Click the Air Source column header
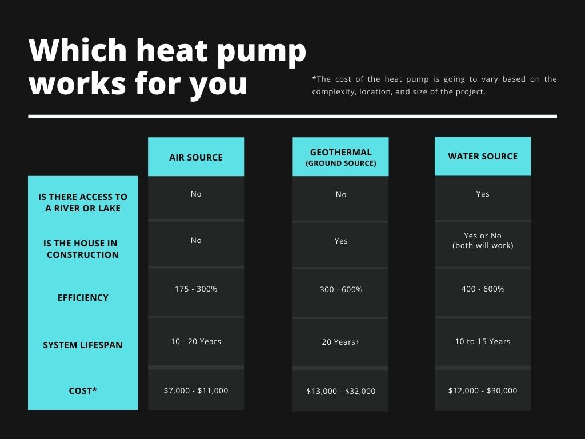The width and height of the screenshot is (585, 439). coord(196,157)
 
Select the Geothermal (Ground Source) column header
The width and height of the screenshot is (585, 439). coord(340,157)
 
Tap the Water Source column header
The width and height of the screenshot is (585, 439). coord(483,157)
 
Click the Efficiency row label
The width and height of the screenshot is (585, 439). coord(83,297)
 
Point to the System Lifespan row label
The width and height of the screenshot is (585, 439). coord(83,345)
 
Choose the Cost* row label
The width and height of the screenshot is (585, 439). coord(83,390)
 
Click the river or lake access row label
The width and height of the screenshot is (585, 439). coord(83,202)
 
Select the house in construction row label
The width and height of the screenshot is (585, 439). coord(81,249)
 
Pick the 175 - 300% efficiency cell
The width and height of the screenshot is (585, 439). coord(196,289)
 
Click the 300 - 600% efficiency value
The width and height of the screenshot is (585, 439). coord(341,289)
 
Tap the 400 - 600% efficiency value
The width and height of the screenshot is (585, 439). coord(483,289)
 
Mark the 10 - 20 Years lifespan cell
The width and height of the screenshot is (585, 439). coord(196,341)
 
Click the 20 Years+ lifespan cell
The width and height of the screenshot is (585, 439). coord(341,342)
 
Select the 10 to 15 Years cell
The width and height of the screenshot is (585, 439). coord(483,341)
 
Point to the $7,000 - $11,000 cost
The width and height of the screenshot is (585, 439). coord(196,390)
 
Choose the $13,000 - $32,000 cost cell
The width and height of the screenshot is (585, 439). coord(341,391)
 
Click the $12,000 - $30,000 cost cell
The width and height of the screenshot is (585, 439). coord(483,390)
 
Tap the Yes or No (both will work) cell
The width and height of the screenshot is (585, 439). coord(483,241)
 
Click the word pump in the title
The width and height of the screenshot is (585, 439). coord(261,52)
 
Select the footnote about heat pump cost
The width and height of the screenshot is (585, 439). coord(435,85)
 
